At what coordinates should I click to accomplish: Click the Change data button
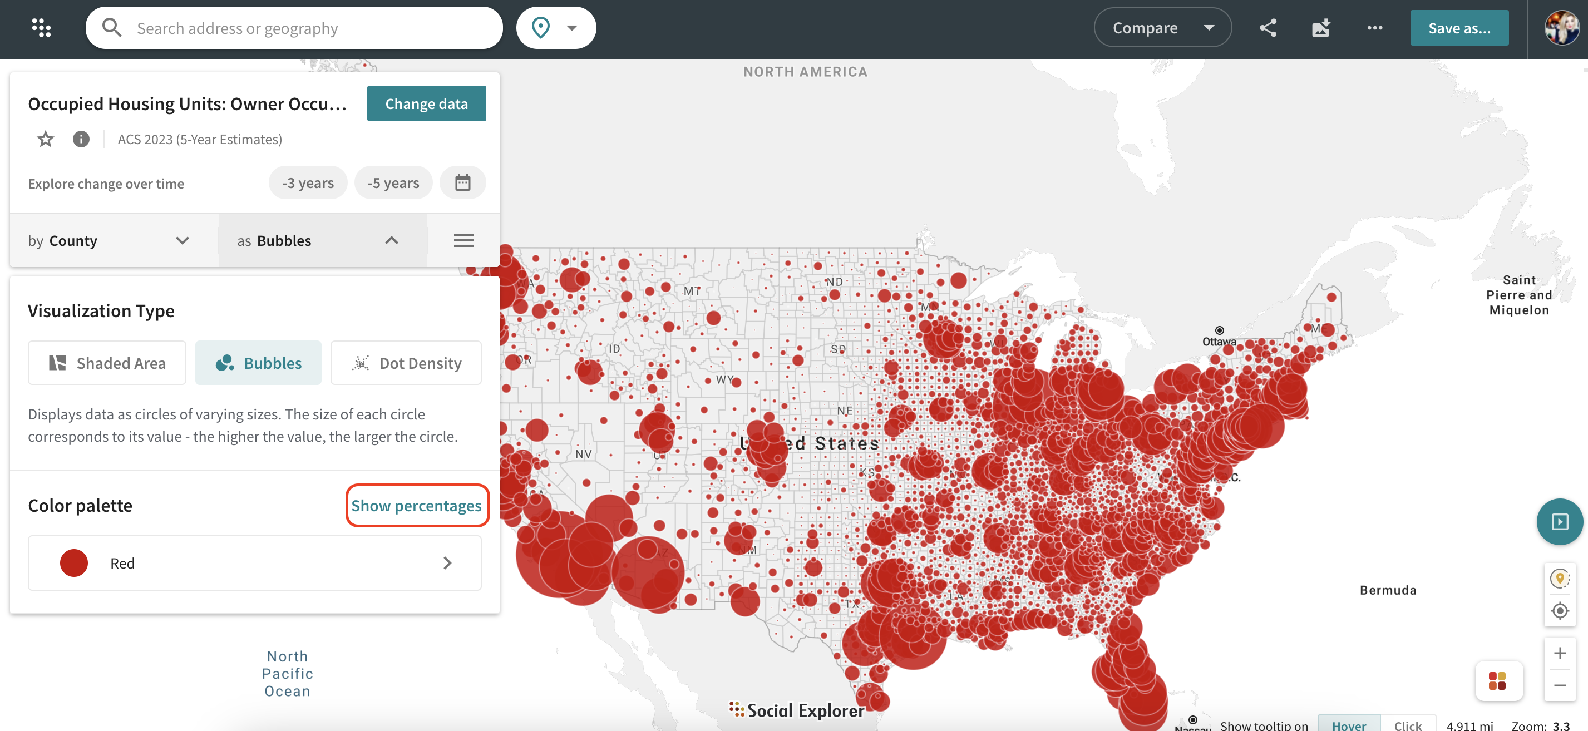[x=426, y=103]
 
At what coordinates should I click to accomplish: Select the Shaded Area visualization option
[x=107, y=363]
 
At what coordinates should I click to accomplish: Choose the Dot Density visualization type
[x=406, y=363]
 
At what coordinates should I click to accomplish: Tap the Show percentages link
[x=416, y=505]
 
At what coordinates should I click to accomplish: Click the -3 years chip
[x=308, y=183]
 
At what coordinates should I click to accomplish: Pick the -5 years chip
[x=393, y=183]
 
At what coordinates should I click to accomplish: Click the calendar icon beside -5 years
[x=462, y=183]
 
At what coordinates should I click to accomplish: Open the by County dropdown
[x=109, y=240]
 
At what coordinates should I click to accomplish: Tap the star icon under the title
[x=46, y=139]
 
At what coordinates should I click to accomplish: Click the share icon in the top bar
[x=1268, y=28]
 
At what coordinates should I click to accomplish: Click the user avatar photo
[x=1560, y=28]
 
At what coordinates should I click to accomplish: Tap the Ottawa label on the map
[x=1219, y=342]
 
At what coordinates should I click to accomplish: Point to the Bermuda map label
[x=1388, y=590]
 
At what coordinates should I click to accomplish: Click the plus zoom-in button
[x=1560, y=653]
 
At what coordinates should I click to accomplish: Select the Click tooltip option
[x=1407, y=725]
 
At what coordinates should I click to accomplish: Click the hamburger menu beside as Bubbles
[x=463, y=240]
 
